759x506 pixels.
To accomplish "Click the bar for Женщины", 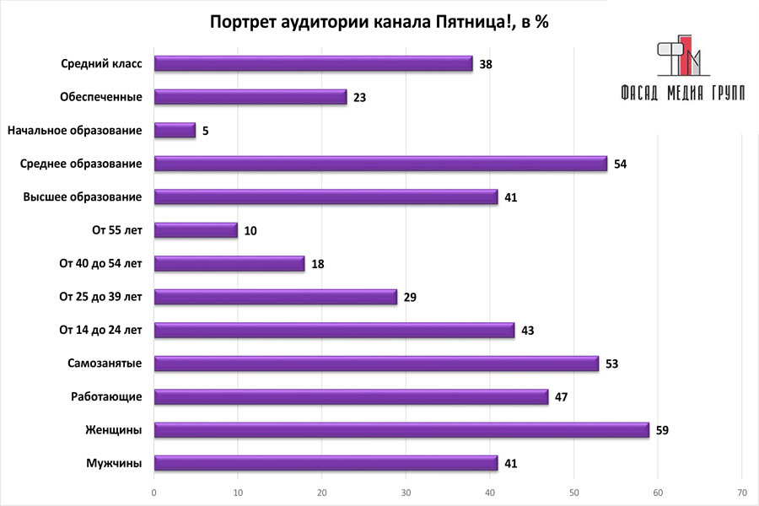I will [401, 430].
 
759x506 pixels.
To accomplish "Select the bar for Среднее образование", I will [380, 164].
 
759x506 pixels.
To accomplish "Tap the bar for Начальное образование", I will [175, 131].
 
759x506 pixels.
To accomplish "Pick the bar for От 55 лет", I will [196, 230].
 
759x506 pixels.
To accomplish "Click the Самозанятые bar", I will [376, 363].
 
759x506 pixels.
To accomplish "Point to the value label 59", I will [662, 430].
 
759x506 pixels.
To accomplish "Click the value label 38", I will [486, 64].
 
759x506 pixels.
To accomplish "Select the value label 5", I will [204, 131].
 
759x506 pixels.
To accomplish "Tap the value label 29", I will [410, 297].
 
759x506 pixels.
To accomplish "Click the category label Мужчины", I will [114, 463].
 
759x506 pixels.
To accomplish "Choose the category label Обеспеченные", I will [101, 97].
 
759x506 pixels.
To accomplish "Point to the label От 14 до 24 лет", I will [100, 330].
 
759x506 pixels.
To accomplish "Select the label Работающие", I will [107, 396].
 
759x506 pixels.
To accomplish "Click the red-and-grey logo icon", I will [681, 57].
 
